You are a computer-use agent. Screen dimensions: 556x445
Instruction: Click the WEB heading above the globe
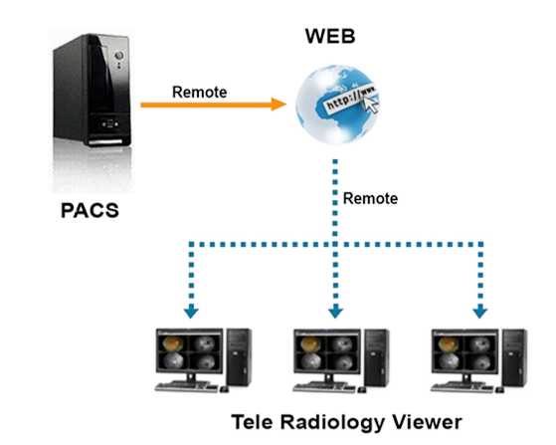[x=330, y=36]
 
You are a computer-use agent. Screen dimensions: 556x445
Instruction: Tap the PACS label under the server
[x=90, y=210]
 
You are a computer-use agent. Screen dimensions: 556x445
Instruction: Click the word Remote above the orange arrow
[x=199, y=93]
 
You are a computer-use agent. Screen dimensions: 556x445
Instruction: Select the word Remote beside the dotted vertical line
[x=370, y=198]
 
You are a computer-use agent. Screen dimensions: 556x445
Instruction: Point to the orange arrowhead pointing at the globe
[x=279, y=105]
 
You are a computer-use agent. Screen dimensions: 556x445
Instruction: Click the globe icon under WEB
[x=337, y=105]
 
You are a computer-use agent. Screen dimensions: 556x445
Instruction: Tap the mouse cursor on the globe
[x=372, y=104]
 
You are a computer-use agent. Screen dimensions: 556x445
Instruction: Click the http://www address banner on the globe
[x=350, y=98]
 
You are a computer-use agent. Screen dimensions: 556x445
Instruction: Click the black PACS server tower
[x=92, y=90]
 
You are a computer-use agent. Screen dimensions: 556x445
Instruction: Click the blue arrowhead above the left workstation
[x=192, y=312]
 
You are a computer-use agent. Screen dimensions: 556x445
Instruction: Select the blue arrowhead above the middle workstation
[x=335, y=312]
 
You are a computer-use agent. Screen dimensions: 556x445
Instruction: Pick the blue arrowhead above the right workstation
[x=480, y=312]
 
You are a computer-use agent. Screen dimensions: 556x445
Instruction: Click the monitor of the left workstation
[x=190, y=353]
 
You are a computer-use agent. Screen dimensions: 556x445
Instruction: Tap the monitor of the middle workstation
[x=327, y=353]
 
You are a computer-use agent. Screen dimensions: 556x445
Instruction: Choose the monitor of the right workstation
[x=464, y=353]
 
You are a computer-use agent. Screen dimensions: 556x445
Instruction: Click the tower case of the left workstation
[x=240, y=357]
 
